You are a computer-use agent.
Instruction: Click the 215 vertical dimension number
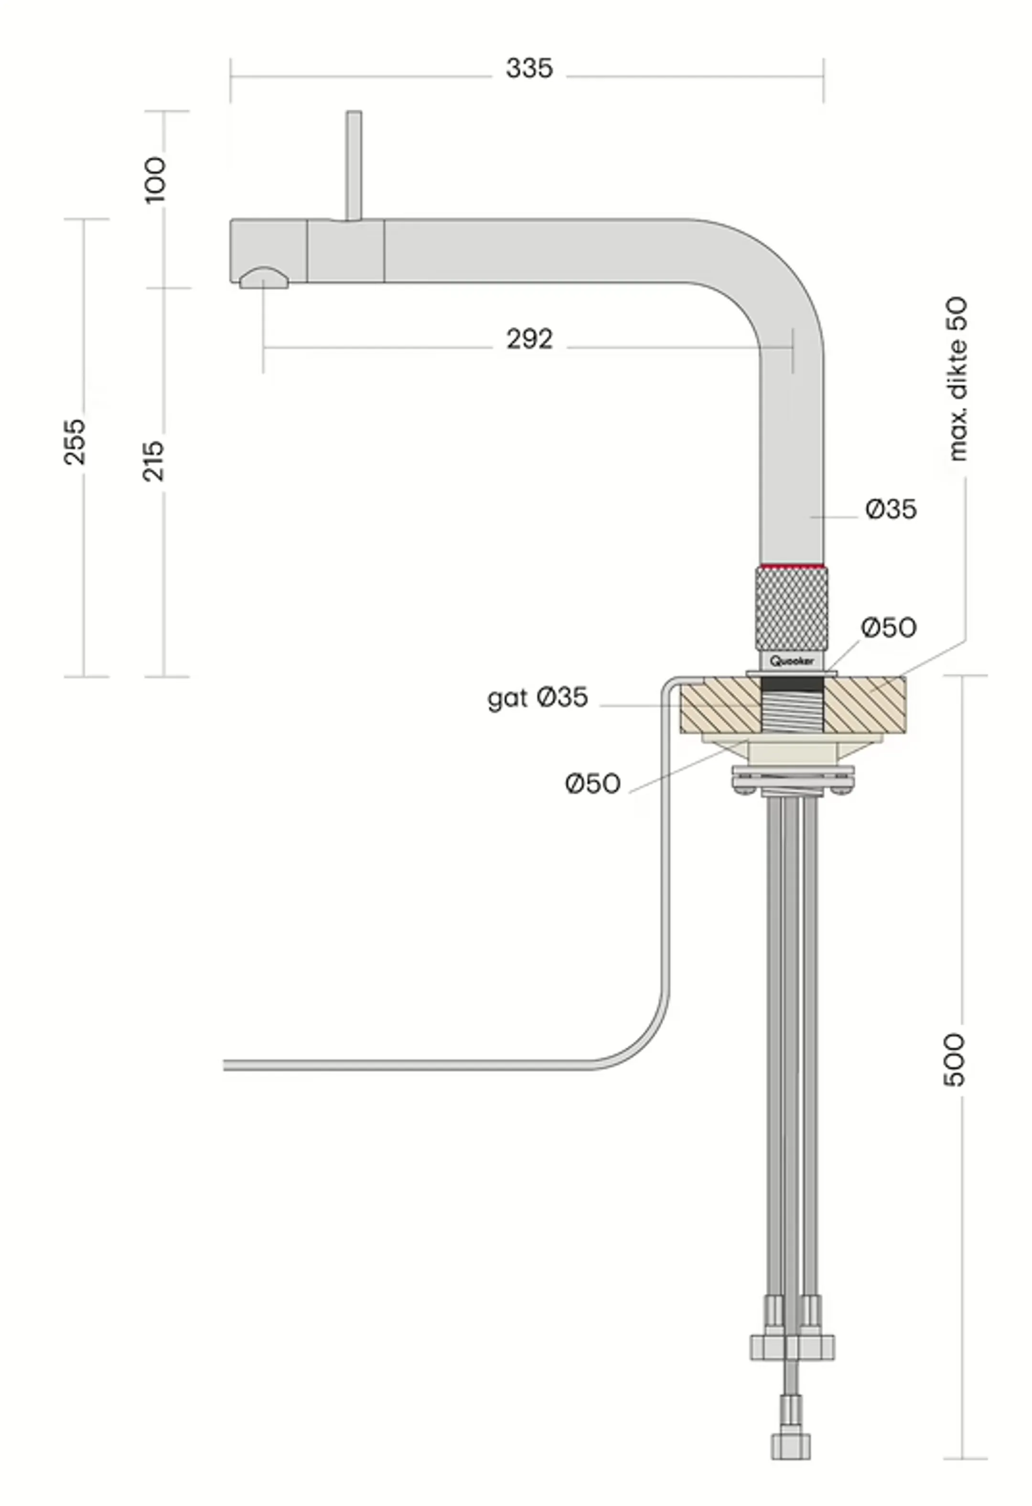[x=153, y=461]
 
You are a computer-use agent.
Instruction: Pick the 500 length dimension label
[x=954, y=1060]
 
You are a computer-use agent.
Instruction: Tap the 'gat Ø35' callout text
[x=537, y=698]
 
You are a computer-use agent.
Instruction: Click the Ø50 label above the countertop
[x=888, y=627]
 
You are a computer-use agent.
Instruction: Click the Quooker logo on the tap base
[x=792, y=661]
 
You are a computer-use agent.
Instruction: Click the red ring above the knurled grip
[x=791, y=567]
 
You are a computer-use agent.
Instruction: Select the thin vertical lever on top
[x=354, y=165]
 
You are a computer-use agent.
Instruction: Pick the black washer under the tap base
[x=792, y=683]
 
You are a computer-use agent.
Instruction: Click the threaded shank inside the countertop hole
[x=792, y=715]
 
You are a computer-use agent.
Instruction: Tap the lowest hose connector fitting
[x=790, y=1445]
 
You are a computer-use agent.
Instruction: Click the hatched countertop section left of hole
[x=719, y=708]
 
